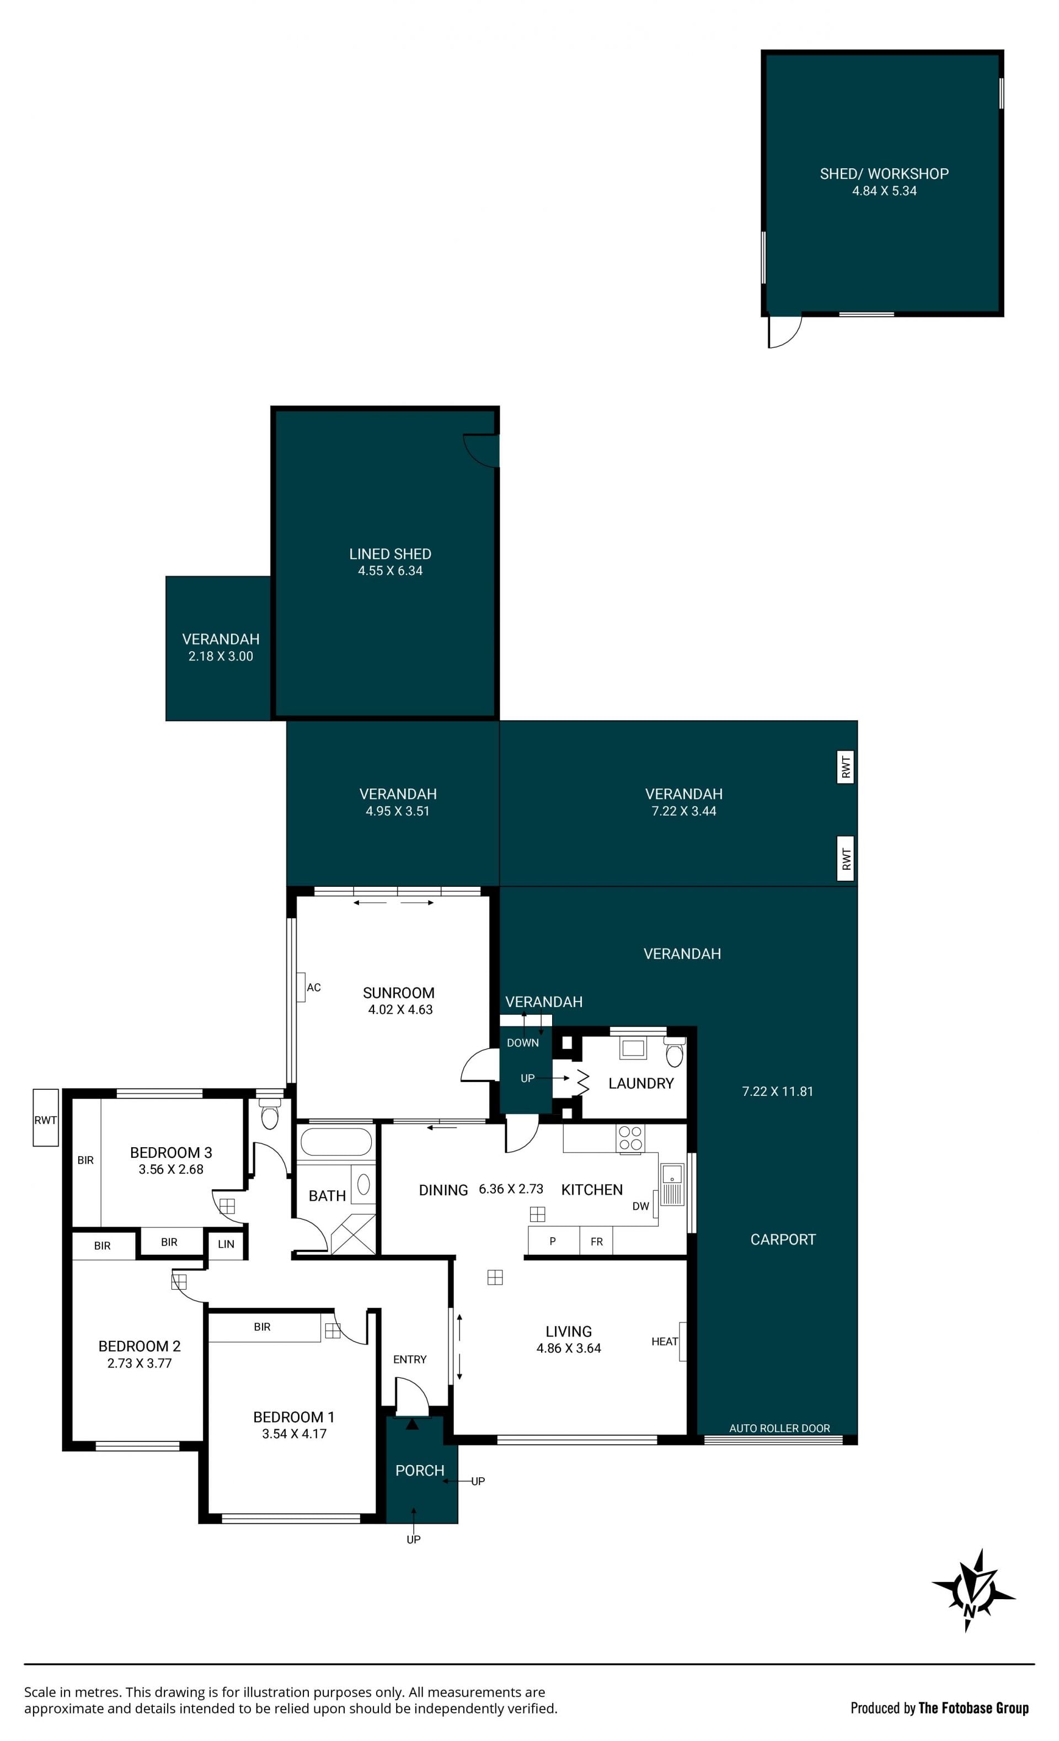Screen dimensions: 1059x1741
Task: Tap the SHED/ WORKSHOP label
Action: pyautogui.click(x=884, y=174)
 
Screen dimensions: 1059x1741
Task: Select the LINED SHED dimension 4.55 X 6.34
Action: pyautogui.click(x=390, y=571)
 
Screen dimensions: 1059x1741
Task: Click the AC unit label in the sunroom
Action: pyautogui.click(x=314, y=987)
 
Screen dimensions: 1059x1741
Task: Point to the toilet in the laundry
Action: pyautogui.click(x=675, y=1052)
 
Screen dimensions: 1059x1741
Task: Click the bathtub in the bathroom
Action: pyautogui.click(x=335, y=1141)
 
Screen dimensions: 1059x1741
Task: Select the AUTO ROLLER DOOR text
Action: pyautogui.click(x=779, y=1428)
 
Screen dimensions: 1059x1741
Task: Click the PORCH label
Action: pyautogui.click(x=420, y=1471)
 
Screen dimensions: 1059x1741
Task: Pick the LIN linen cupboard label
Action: pyautogui.click(x=226, y=1244)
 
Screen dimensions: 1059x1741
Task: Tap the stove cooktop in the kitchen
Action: pyautogui.click(x=630, y=1138)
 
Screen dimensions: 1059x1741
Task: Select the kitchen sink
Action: pyautogui.click(x=672, y=1184)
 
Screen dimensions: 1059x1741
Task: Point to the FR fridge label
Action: pyautogui.click(x=596, y=1242)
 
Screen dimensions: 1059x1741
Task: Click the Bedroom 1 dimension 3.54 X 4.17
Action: pyautogui.click(x=294, y=1434)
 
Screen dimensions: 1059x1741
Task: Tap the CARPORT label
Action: pyautogui.click(x=783, y=1239)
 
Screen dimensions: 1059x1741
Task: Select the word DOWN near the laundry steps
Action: pyautogui.click(x=523, y=1043)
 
